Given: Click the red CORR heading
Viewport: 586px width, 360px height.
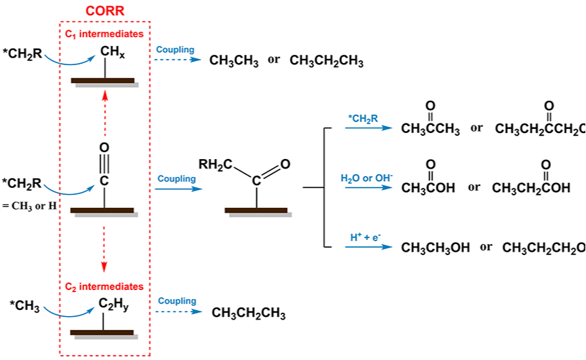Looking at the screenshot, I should [105, 12].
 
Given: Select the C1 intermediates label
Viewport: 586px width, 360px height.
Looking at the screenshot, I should [104, 34].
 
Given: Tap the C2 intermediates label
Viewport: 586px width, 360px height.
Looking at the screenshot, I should [104, 287].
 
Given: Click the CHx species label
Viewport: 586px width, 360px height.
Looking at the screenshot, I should [112, 51].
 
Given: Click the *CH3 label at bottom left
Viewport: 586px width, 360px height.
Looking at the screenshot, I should [25, 305].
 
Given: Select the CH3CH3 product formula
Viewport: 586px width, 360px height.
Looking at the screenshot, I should [234, 61].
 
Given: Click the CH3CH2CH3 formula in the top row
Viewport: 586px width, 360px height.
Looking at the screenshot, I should [326, 61].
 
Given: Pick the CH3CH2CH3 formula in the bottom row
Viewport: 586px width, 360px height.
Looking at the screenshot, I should [248, 314].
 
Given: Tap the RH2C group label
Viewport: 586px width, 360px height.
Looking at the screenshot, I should [215, 165].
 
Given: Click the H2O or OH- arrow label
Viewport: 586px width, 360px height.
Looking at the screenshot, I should [367, 178].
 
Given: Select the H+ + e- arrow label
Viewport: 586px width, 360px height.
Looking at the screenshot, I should [365, 237].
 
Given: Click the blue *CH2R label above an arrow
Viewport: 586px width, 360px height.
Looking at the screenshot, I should [363, 119].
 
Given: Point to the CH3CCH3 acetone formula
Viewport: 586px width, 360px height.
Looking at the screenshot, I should [430, 130].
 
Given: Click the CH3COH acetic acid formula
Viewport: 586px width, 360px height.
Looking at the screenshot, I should [428, 188].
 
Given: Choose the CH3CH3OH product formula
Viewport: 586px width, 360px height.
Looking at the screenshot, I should [435, 248].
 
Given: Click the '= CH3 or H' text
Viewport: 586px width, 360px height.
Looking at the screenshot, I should [29, 205].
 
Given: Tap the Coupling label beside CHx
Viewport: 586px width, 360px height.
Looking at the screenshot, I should [175, 50].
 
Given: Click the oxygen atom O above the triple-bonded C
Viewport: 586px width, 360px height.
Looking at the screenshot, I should [104, 147].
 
